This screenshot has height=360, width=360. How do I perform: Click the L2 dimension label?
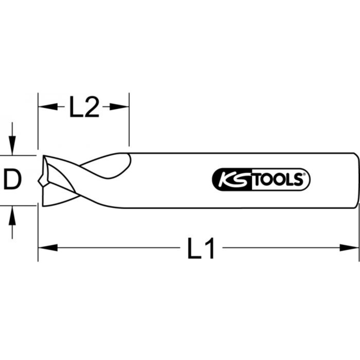click(84, 107)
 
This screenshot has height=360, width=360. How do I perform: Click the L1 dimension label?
click(201, 248)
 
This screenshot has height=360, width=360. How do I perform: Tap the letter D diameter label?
click(13, 179)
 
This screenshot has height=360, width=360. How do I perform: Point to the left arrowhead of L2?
click(48, 107)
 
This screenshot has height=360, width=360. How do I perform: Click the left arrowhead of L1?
click(48, 248)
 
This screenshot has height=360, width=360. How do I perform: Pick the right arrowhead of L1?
click(349, 248)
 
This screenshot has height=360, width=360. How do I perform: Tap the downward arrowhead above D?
click(12, 145)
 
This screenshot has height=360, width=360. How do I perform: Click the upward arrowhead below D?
click(12, 216)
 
